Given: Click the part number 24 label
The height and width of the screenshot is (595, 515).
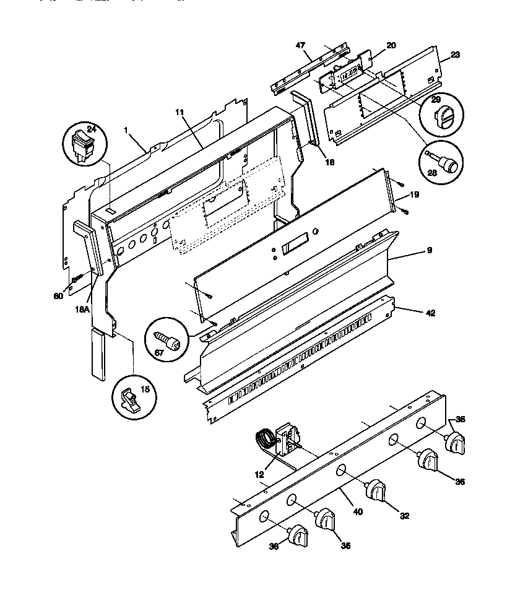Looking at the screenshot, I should pyautogui.click(x=92, y=129).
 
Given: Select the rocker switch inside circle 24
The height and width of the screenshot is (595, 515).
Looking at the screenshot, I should pyautogui.click(x=82, y=147).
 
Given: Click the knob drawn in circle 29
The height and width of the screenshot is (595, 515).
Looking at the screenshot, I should pyautogui.click(x=443, y=116).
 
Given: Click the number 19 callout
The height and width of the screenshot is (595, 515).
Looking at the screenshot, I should pyautogui.click(x=414, y=194).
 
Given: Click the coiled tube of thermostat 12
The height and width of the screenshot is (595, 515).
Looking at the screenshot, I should pyautogui.click(x=264, y=442).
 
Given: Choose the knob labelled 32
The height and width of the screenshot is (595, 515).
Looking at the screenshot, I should pyautogui.click(x=376, y=491).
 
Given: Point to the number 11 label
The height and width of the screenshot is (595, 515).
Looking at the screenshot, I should pyautogui.click(x=180, y=113).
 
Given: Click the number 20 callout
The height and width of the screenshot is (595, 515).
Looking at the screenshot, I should pyautogui.click(x=391, y=45).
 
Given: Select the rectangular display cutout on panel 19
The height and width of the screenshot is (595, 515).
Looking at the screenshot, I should pyautogui.click(x=295, y=246).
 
